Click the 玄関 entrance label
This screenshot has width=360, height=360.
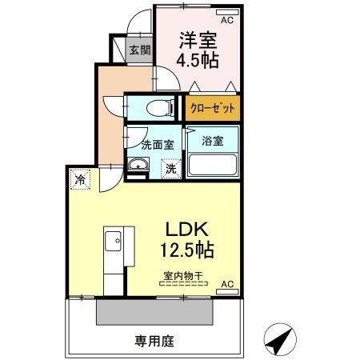point(139,50)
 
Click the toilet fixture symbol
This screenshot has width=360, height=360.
point(158,106)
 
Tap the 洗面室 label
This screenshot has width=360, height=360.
point(158,146)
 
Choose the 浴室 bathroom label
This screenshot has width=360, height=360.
point(211,141)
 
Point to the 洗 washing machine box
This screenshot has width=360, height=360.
point(172,169)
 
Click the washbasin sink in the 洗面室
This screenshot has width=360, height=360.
point(138,166)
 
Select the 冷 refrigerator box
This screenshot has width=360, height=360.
point(81,180)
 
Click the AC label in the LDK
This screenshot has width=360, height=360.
point(226,284)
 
